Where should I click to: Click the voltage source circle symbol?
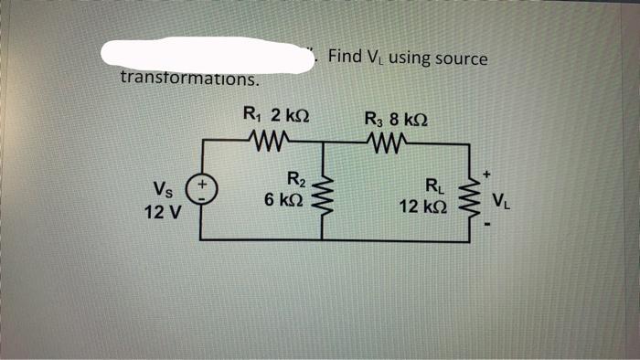pyautogui.click(x=201, y=191)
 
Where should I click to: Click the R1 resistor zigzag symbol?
pyautogui.click(x=268, y=141)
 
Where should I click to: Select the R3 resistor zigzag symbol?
pyautogui.click(x=389, y=142)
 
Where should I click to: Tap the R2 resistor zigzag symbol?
pyautogui.click(x=321, y=191)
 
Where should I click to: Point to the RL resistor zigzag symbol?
pyautogui.click(x=473, y=194)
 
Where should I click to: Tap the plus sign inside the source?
pyautogui.click(x=202, y=185)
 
